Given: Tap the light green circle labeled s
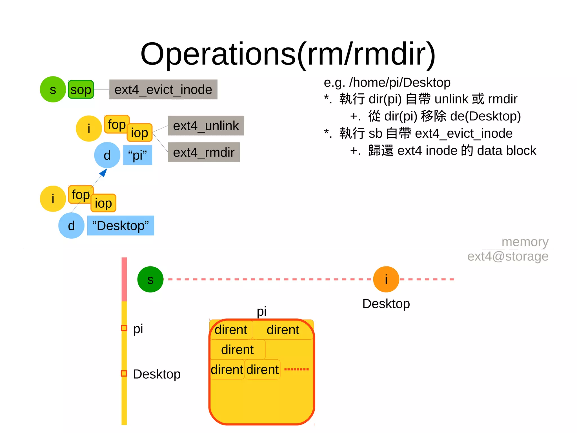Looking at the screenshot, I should coord(53,89).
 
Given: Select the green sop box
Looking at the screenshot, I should coord(81,90).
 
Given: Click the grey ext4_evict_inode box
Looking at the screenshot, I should coord(163,90).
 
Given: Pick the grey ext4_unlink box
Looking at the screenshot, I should coord(206,126).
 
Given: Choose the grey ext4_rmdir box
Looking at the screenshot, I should coord(204,152).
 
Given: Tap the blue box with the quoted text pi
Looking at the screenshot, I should coord(137,155).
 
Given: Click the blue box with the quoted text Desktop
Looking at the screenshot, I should coord(121,226).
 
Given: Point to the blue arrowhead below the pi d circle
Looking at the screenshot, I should coord(104,172).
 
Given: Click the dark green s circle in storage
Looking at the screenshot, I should coord(150,279).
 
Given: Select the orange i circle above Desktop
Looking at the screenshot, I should coord(386,279).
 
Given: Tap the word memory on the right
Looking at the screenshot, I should coord(525,242).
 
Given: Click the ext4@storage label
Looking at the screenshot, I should coord(508,256).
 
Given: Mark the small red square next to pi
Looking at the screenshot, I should coord(124,328).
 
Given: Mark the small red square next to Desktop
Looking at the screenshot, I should coord(124,373).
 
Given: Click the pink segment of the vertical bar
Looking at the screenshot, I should coord(124,279).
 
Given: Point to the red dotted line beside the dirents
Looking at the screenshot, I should coord(296,369).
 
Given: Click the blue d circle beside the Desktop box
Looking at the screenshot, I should coord(71,226).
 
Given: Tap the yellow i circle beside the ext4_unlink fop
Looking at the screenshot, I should coord(89,129).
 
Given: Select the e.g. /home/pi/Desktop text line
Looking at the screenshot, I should coord(387,82).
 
